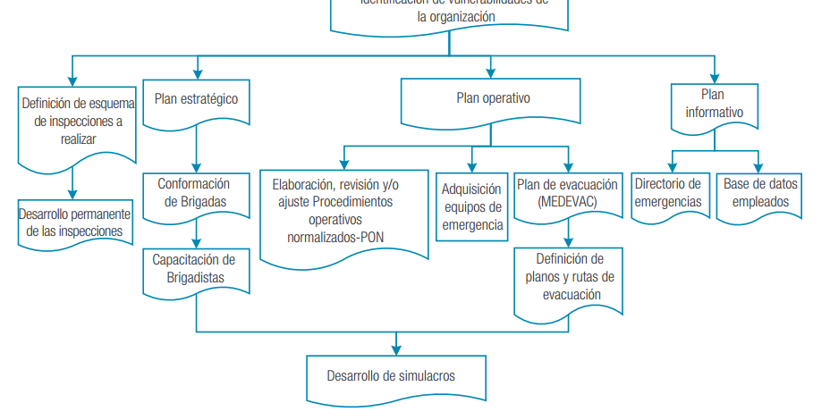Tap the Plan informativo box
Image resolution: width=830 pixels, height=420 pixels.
coord(714,104)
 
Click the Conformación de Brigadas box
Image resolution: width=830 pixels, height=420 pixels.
coord(196,192)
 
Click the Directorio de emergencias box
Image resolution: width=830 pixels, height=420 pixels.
coord(668,192)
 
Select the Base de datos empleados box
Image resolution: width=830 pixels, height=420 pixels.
coord(761,192)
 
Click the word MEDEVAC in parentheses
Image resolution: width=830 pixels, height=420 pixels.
coord(568,203)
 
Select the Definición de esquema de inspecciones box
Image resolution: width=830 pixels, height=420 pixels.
coord(77,121)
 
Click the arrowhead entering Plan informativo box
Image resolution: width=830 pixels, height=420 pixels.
coord(714,77)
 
